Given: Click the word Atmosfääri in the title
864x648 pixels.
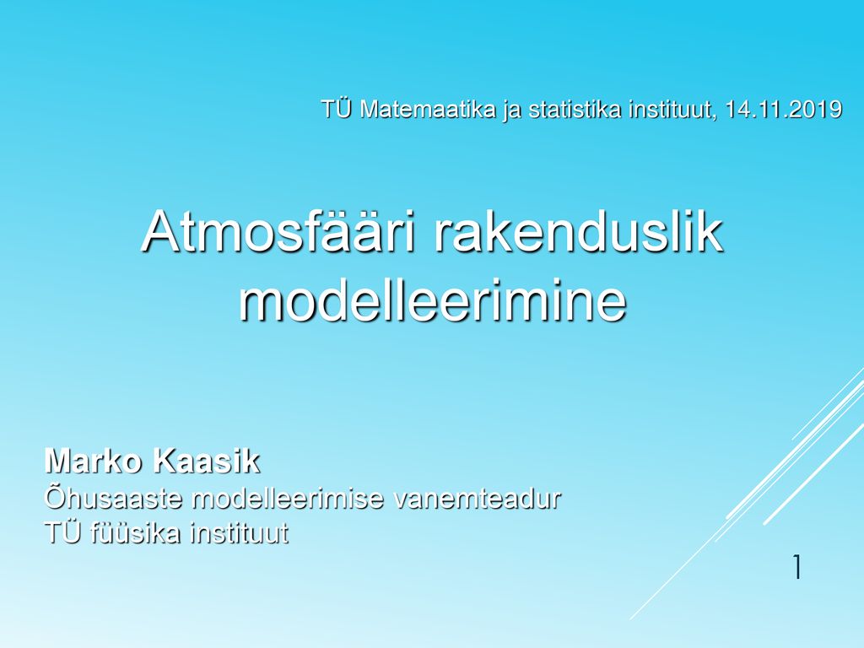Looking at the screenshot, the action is coord(278,230).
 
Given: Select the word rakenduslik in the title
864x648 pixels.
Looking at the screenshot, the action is coord(577,230).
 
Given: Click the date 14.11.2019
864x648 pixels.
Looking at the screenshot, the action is coord(783,109).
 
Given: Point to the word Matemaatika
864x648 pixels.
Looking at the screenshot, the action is coord(428,109).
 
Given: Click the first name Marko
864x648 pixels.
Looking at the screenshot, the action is coord(94,461).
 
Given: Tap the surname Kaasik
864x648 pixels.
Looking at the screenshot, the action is coord(206,461).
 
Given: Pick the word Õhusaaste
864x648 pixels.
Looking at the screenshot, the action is coord(113,497).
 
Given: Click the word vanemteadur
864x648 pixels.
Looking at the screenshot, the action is coord(478,498).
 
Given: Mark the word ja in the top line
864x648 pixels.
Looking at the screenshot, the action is coord(512,111).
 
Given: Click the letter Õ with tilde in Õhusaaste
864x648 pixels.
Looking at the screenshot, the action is coord(54,497).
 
